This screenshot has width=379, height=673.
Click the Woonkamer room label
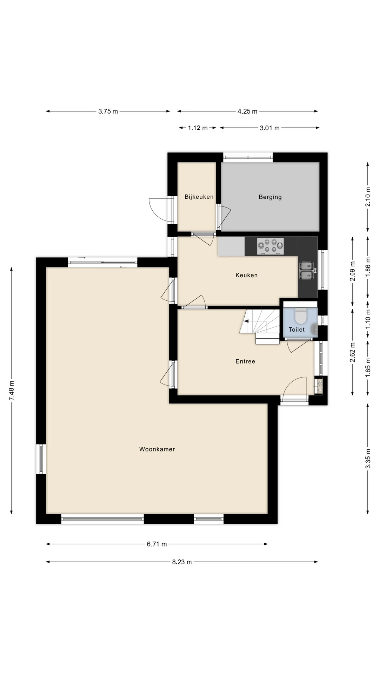tap(157, 449)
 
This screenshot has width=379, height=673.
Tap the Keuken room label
tap(246, 275)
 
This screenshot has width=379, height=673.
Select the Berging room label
tap(270, 197)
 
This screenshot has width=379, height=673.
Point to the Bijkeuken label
tap(199, 197)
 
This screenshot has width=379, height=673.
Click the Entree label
tap(245, 361)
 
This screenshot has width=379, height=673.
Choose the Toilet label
tap(297, 329)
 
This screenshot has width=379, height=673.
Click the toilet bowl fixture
tap(300, 316)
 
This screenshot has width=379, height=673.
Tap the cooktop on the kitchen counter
tap(270, 246)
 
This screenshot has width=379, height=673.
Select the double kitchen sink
tap(306, 271)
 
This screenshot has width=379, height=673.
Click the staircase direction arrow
tap(246, 321)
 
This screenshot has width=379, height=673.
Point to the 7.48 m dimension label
tap(12, 390)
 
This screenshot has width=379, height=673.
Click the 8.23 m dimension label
tap(182, 562)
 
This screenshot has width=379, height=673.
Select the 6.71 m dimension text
tap(157, 544)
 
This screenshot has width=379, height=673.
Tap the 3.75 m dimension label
tap(108, 111)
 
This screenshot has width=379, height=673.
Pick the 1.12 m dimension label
tap(198, 128)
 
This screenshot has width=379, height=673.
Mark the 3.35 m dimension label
tap(368, 459)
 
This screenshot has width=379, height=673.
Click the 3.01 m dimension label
tap(270, 128)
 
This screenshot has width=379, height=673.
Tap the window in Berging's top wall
tap(248, 157)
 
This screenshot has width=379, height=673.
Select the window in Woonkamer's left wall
tap(41, 459)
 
